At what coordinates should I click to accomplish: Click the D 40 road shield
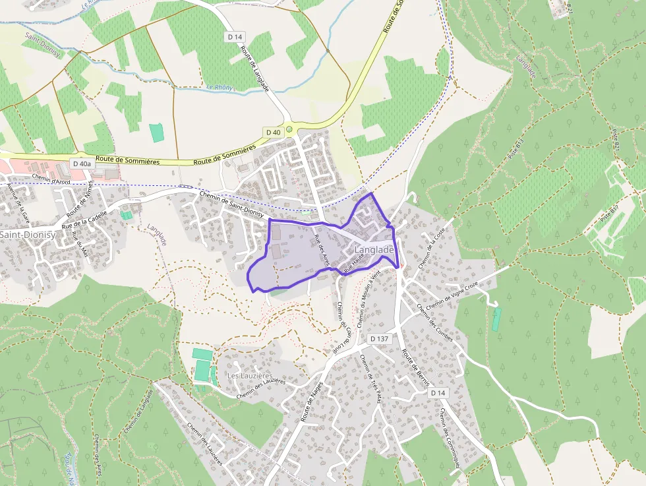(274, 133)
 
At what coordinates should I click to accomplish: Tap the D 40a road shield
(82, 164)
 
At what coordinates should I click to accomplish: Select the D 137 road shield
(379, 338)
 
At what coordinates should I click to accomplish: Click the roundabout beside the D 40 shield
(289, 129)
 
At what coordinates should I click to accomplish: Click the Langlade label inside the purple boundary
(374, 250)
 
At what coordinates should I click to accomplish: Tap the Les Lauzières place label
(250, 375)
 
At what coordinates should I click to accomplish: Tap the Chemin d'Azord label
(51, 179)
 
